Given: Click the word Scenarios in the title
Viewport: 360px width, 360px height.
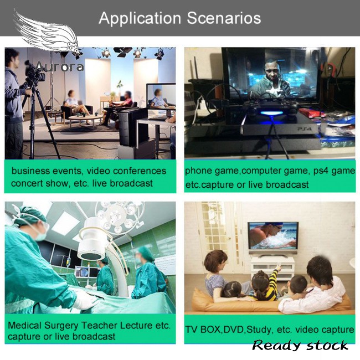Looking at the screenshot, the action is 224,18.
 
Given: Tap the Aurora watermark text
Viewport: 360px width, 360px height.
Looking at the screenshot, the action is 60,67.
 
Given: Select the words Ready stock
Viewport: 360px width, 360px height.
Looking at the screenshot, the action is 300,345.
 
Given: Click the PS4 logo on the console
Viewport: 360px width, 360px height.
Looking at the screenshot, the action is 305,129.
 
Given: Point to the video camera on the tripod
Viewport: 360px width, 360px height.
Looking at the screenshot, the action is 34,72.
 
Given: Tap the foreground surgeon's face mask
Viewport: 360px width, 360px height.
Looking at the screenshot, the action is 42,236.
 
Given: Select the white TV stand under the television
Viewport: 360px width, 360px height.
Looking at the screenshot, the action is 272,267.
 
